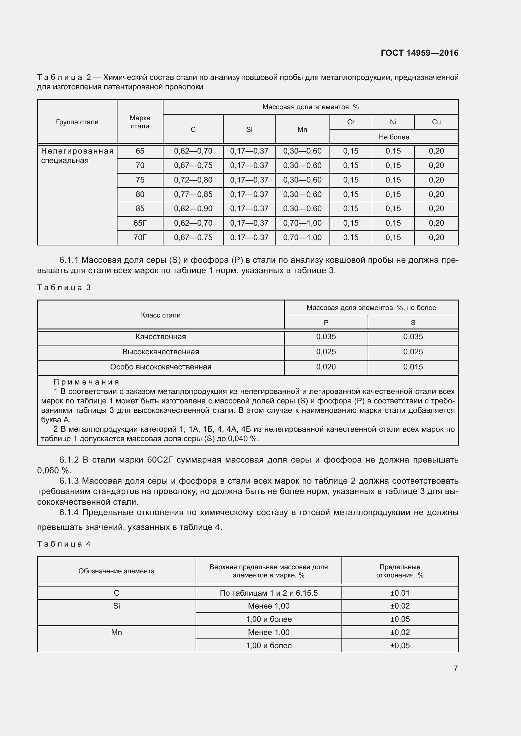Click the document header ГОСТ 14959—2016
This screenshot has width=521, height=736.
click(x=419, y=53)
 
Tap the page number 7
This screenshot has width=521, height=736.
click(x=455, y=668)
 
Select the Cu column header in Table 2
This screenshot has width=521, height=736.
click(x=436, y=122)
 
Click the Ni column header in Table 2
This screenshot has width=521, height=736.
click(x=393, y=122)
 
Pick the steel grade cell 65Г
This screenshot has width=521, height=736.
click(x=140, y=223)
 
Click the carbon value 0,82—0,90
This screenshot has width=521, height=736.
click(x=193, y=209)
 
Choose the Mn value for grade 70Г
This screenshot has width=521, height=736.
click(x=302, y=238)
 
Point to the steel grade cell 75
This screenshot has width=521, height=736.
click(x=140, y=180)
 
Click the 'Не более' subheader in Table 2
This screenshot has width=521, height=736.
click(x=394, y=137)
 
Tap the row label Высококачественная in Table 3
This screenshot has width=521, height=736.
click(x=161, y=352)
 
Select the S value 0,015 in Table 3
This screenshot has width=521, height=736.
click(x=413, y=367)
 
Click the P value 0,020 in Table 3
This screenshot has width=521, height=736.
click(x=326, y=367)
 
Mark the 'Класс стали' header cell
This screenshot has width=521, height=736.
click(x=161, y=315)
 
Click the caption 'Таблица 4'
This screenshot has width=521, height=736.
click(x=64, y=544)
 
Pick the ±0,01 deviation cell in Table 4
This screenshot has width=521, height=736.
click(x=400, y=593)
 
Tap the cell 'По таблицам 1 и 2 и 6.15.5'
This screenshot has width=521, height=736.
click(x=268, y=593)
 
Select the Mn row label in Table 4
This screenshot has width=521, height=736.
click(x=117, y=632)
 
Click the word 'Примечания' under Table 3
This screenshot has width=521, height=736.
click(x=86, y=382)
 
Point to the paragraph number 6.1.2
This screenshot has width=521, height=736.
click(x=69, y=460)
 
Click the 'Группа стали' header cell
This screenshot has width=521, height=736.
click(x=77, y=122)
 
